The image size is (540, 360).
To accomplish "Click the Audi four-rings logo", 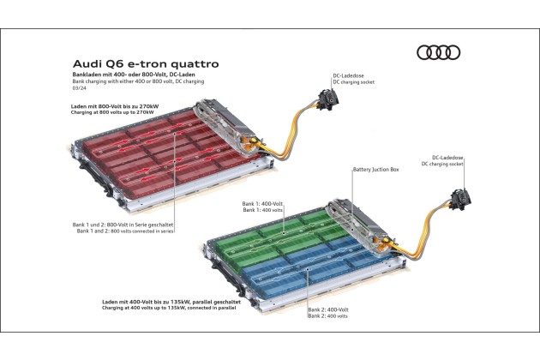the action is click(438, 52).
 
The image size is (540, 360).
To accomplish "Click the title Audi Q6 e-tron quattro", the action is click(146, 64).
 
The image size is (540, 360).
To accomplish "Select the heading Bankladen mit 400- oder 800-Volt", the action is click(119, 75).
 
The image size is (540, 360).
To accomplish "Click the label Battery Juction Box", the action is click(375, 170).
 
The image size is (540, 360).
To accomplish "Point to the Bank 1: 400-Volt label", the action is click(262, 204).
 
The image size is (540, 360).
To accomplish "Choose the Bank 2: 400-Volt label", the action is click(328, 309).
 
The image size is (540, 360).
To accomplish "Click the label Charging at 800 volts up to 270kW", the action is click(112, 112).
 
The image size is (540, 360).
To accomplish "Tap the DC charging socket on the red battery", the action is click(327, 99).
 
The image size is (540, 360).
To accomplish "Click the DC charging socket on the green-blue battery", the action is click(461, 199).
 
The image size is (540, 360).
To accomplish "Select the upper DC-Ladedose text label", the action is click(348, 75).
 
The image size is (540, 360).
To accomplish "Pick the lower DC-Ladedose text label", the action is click(447, 158).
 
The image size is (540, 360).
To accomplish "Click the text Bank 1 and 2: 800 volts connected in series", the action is click(125, 231).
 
